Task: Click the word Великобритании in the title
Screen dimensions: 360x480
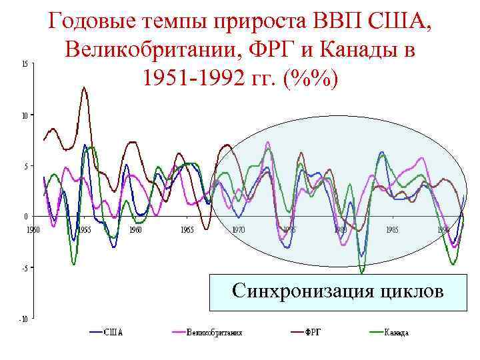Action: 147,50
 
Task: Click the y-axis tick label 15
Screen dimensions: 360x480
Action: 24,64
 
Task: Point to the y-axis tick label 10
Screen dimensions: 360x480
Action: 24,115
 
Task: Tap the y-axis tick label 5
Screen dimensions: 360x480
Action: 25,166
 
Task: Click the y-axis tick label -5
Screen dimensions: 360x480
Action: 24,268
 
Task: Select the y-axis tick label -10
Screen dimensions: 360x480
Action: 23,319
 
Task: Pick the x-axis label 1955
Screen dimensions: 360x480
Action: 84,229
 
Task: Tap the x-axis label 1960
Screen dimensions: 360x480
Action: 135,229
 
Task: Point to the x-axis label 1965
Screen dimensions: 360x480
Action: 187,229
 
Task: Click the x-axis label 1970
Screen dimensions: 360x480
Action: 238,229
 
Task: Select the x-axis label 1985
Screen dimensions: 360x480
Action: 391,229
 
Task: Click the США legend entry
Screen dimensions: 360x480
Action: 114,332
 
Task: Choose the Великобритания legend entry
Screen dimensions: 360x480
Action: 213,332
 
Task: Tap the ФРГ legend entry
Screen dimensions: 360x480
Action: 313,332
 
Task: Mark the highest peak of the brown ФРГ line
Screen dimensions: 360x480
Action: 84,87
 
